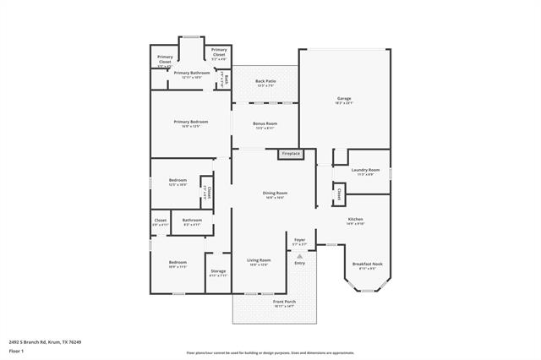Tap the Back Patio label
[x=265, y=83]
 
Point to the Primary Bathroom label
[x=192, y=74]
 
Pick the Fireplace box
[x=291, y=154]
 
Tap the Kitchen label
[x=356, y=221]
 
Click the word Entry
[x=299, y=263]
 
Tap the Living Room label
[x=259, y=261]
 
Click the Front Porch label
[x=284, y=303]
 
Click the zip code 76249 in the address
[x=74, y=342]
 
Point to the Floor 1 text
[x=17, y=350]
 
